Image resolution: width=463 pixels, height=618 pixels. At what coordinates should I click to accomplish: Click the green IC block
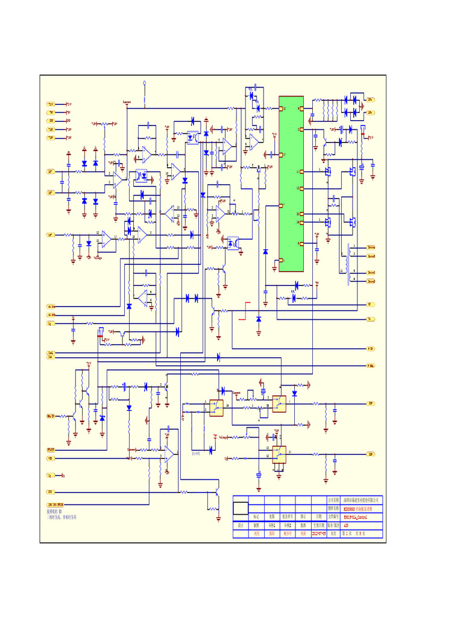[x=291, y=184]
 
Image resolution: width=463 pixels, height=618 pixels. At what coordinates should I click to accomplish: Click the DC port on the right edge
[x=370, y=304]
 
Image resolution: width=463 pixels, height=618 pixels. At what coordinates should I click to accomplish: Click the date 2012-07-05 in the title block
[x=318, y=534]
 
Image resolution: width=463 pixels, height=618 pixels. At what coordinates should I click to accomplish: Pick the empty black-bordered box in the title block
[x=241, y=508]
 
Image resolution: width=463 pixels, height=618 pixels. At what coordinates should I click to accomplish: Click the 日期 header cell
[x=318, y=517]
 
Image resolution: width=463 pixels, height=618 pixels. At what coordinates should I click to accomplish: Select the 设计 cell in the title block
[x=240, y=525]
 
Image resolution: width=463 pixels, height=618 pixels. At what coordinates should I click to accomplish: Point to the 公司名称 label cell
[x=334, y=500]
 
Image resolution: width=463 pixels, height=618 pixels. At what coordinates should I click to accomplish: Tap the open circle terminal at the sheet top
[x=145, y=83]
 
